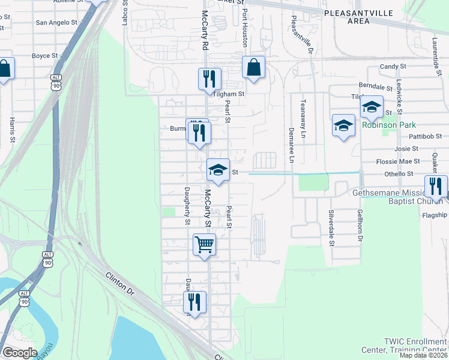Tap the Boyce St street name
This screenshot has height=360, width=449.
click(x=44, y=56)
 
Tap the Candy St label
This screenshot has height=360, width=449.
click(x=393, y=67)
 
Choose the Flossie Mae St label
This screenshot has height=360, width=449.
click(x=397, y=161)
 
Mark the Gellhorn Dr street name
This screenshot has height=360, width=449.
click(x=360, y=225)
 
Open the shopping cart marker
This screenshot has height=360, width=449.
click(x=204, y=245)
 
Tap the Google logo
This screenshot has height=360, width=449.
click(x=20, y=352)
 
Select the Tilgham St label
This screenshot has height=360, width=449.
click(x=229, y=94)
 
